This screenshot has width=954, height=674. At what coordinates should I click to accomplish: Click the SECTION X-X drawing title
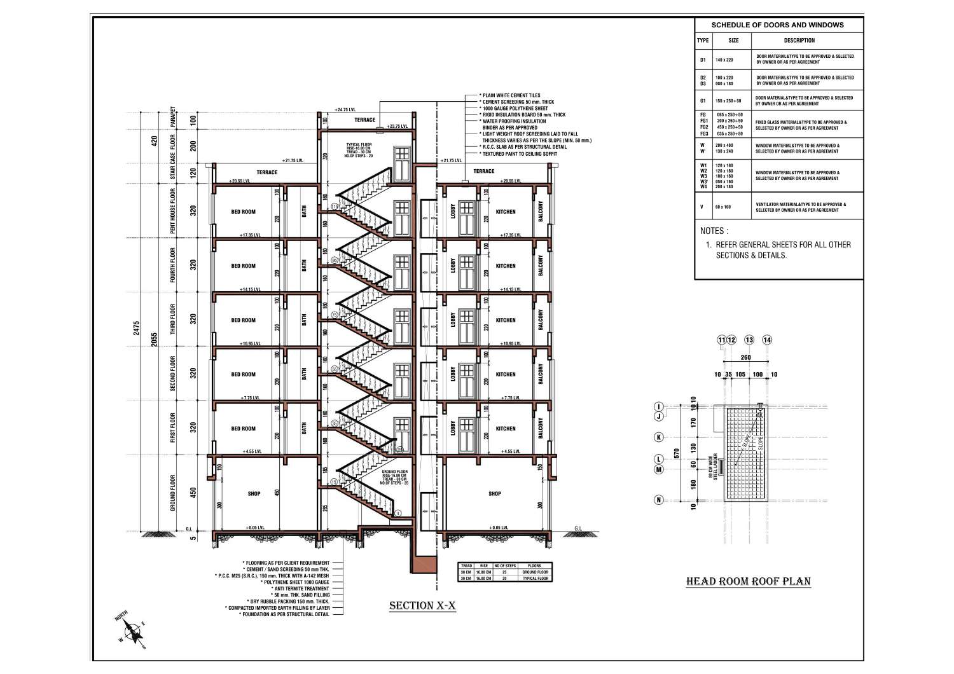[x=422, y=606]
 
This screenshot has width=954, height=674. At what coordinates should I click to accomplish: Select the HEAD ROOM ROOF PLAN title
[x=748, y=581]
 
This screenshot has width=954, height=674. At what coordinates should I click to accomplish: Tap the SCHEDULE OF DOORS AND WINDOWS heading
[x=777, y=25]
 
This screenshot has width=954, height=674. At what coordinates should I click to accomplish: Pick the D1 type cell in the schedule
[x=703, y=60]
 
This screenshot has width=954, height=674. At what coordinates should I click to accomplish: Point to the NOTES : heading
[x=714, y=231]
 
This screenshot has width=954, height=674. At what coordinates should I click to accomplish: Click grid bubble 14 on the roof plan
[x=767, y=340]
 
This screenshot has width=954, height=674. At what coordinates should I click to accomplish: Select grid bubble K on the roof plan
[x=659, y=437]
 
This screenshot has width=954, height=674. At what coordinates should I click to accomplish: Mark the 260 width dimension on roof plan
[x=745, y=357]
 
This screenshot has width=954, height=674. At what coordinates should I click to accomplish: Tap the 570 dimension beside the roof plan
[x=677, y=453]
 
